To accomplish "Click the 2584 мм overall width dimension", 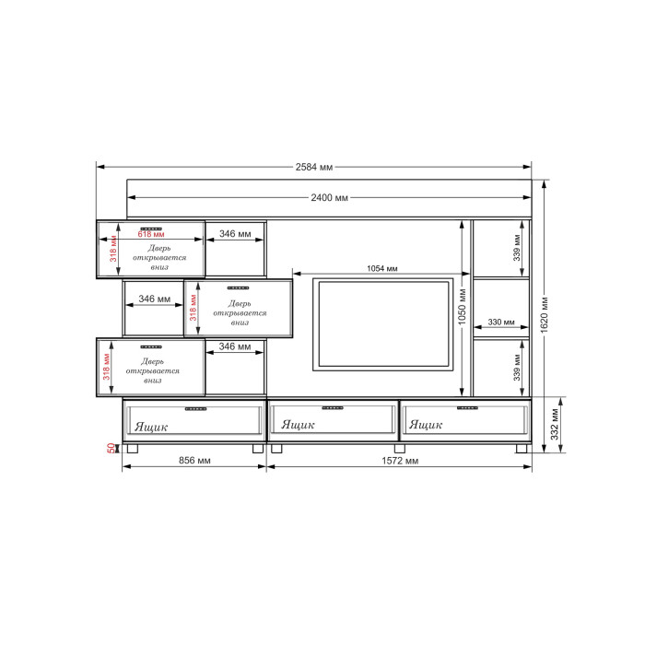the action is coord(314,167).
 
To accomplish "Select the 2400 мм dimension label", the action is coord(329,198).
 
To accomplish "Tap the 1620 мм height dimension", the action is coord(545,315).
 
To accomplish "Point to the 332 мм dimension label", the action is coord(555,425).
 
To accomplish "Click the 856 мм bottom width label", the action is coord(194,461).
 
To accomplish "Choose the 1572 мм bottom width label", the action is coord(400,461).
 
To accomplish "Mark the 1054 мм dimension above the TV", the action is coord(382,269).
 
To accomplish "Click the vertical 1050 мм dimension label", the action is coord(462,307).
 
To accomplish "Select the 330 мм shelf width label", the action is coord(501,322).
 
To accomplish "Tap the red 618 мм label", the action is coord(151,234).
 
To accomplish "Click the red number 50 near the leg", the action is coord(111,448).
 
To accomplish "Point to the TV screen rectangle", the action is coord(383,324).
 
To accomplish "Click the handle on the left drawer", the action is coord(195,409).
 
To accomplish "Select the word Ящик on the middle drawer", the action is coord(298,425).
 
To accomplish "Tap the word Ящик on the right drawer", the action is coord(426,425).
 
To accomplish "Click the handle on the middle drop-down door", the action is coord(238,287).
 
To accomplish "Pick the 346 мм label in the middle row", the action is coord(154,299).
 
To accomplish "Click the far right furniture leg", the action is coord(522,449).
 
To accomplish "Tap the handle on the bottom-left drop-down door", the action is coord(151,346).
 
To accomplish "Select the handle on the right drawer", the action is coord(467,408).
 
